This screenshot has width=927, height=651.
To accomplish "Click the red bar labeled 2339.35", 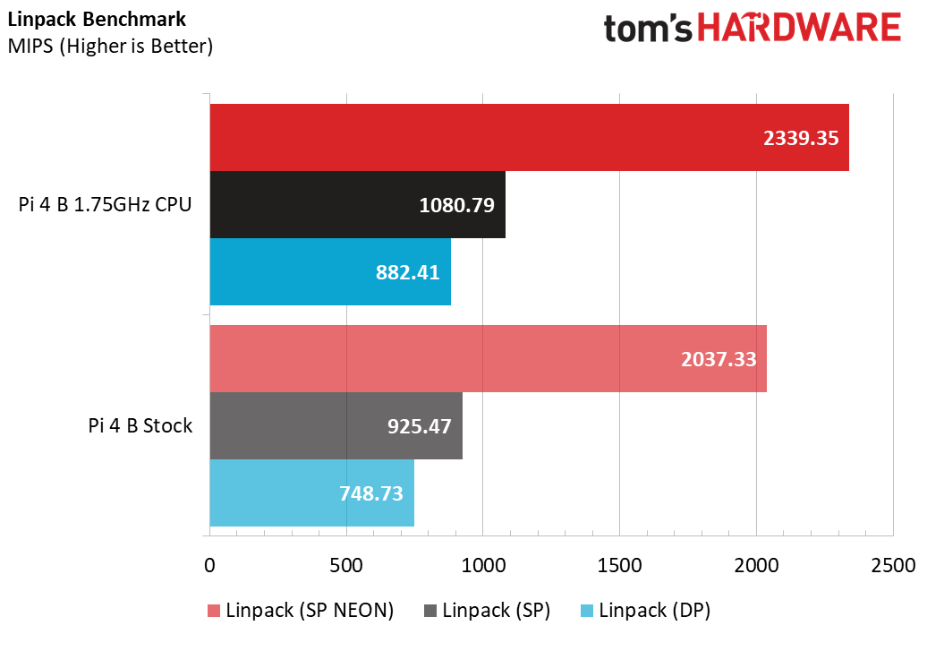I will [529, 137].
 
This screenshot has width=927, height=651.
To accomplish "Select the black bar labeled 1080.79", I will [357, 204].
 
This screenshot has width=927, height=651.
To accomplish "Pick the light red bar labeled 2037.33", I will [488, 359].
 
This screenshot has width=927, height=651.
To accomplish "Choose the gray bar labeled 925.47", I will [336, 425].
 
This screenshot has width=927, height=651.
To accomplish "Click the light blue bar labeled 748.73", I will [311, 493].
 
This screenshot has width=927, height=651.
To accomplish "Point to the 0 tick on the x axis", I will [209, 566].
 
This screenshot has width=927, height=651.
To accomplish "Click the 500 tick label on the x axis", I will [346, 566].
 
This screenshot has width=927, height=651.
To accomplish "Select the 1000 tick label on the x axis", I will [482, 566].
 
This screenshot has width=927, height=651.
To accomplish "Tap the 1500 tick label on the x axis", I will [619, 566].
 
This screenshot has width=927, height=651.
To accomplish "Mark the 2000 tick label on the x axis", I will [756, 566].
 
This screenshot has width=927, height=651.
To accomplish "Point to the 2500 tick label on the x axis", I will [893, 566].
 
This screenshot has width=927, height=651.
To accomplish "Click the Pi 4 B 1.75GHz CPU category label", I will [106, 204].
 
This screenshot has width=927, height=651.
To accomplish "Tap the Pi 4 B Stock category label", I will [140, 425].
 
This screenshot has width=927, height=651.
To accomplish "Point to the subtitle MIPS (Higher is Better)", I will [110, 45].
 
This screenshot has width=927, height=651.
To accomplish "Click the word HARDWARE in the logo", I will [799, 28].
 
